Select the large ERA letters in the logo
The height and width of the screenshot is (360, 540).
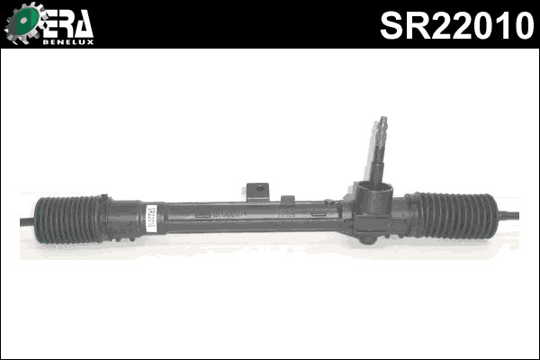coord(67,21)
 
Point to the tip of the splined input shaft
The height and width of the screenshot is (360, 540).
coord(383,122)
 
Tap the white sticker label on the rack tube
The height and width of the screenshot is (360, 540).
coord(151,218)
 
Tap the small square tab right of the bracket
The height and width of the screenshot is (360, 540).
coord(288,199)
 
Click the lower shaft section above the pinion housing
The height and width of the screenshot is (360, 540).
coord(378,162)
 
